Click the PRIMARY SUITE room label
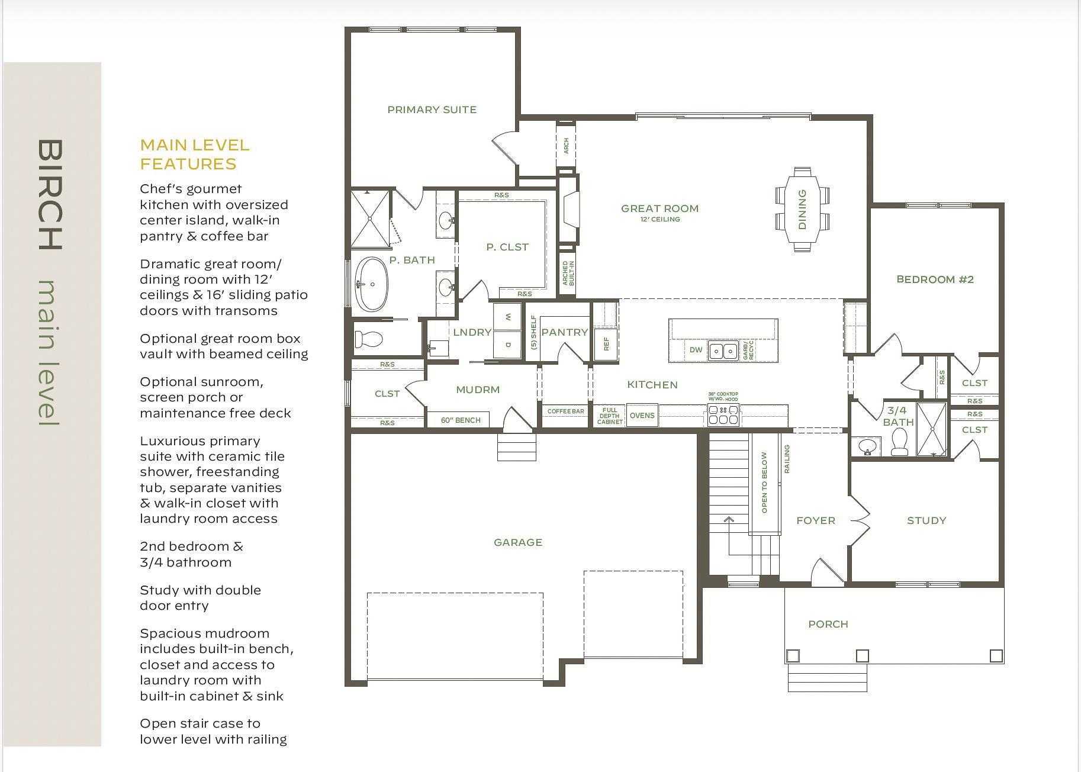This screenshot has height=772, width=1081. tap(432, 110)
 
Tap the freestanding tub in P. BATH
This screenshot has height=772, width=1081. tap(372, 284)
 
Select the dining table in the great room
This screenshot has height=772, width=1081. tap(803, 210)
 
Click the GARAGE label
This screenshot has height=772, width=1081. tap(518, 542)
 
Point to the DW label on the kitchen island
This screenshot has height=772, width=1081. tap(696, 350)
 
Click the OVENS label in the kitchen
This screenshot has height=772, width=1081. tap(642, 416)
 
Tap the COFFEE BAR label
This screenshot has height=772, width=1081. tap(565, 411)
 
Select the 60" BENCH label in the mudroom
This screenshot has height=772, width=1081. tap(461, 420)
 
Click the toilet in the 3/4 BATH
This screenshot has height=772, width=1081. tap(899, 442)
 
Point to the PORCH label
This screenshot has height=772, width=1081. tap(828, 624)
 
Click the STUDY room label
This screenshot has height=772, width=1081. tap(926, 520)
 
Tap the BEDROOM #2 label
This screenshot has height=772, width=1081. tap(935, 279)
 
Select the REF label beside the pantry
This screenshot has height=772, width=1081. tap(606, 344)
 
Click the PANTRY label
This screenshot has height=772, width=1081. tap(564, 332)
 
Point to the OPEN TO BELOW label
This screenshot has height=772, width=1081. tap(764, 482)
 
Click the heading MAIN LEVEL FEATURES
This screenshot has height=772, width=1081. tap(195, 154)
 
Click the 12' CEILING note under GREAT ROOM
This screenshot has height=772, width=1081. tap(660, 219)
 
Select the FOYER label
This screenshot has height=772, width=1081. tap(816, 520)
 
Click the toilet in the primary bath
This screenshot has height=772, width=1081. tap(369, 339)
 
